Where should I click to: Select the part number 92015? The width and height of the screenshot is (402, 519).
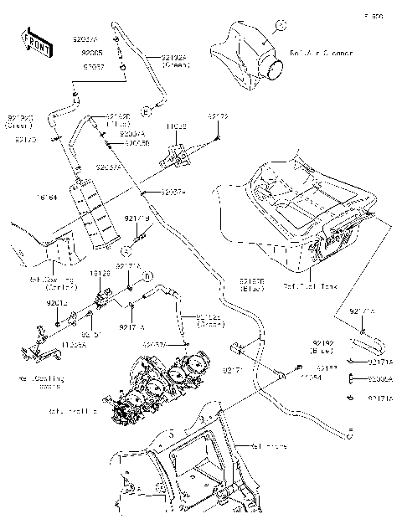tap(58, 302)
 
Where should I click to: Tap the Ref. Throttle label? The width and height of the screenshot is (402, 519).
tap(73, 411)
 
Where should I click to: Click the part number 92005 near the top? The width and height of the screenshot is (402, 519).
tap(93, 52)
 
